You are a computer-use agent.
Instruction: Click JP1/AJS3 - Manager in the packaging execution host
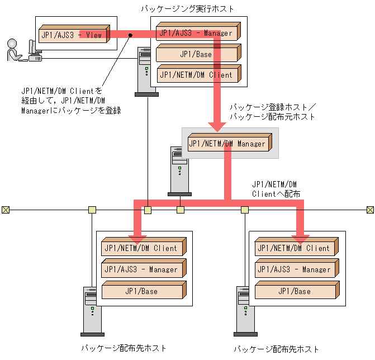click(x=197, y=33)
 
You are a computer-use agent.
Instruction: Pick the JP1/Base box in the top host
click(x=197, y=54)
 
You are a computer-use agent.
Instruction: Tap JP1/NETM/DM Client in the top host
click(x=197, y=74)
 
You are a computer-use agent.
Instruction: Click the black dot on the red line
click(x=131, y=35)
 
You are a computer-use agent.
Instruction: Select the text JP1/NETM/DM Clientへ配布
click(x=276, y=188)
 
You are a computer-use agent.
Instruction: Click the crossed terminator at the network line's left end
click(x=5, y=210)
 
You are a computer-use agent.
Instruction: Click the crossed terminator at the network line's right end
click(x=369, y=210)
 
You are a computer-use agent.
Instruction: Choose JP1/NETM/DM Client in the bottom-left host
click(x=143, y=248)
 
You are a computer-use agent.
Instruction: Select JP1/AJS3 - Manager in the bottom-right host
click(x=296, y=269)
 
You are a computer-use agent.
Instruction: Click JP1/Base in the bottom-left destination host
click(x=143, y=291)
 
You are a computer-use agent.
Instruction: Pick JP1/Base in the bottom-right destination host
click(x=296, y=291)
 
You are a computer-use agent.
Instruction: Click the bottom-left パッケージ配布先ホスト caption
click(x=124, y=348)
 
